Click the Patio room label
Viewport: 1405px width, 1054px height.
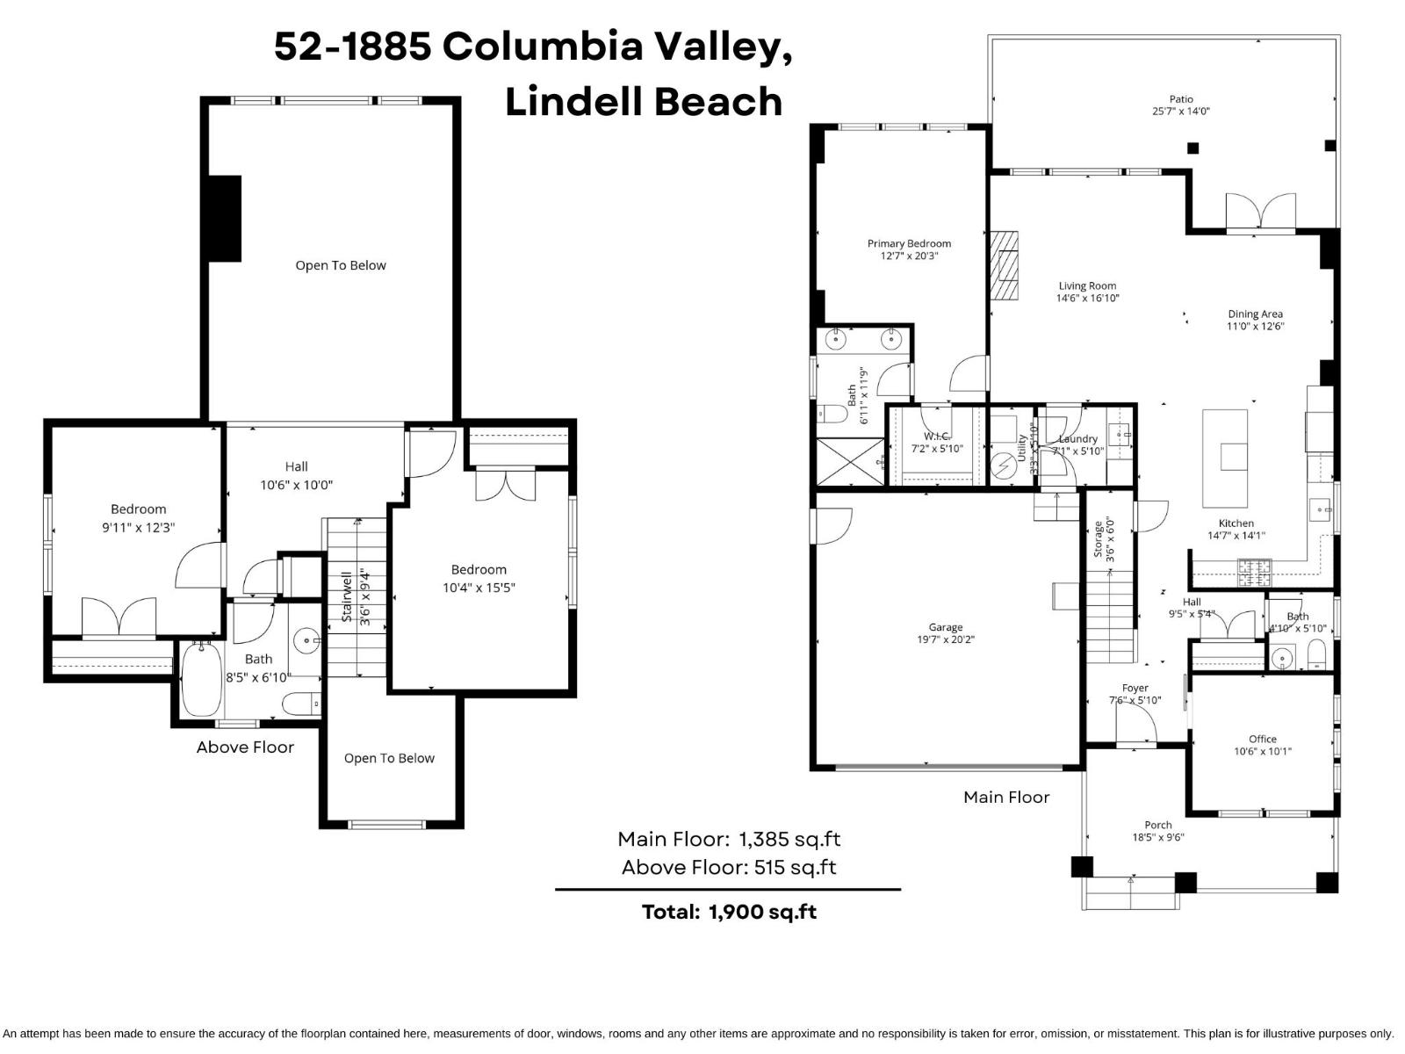1181,99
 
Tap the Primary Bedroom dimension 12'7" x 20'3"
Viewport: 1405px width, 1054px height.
909,256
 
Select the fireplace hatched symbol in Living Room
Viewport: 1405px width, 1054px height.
1005,266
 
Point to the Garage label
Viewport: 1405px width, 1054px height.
946,627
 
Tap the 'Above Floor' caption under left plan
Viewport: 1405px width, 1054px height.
245,747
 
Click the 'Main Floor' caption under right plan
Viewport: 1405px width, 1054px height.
1006,798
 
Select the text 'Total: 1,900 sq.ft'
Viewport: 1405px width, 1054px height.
729,912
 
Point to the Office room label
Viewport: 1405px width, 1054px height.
1263,739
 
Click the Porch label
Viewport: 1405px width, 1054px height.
1158,825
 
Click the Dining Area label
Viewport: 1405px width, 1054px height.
1255,314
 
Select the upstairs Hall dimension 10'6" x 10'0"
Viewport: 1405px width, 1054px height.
296,485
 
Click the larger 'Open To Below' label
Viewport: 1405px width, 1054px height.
341,265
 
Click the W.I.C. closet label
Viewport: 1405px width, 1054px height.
937,437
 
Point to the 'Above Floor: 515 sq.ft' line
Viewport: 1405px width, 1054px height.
728,868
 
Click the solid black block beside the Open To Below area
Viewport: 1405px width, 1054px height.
224,219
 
